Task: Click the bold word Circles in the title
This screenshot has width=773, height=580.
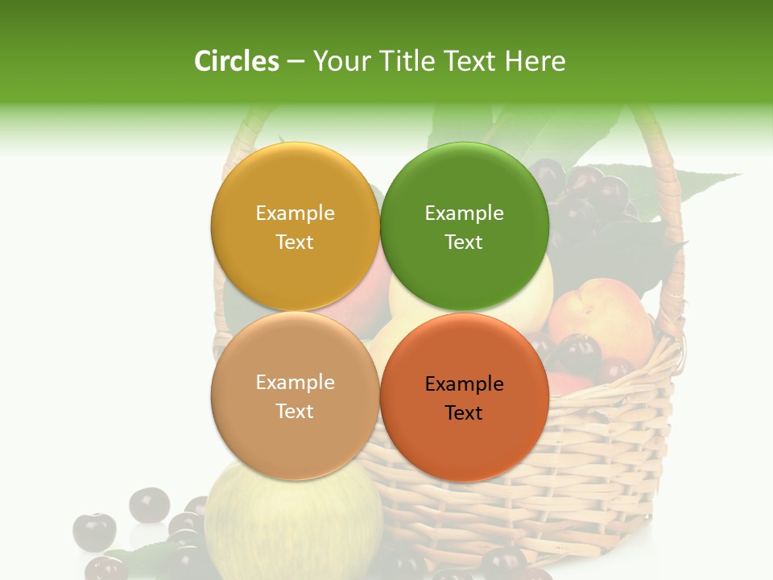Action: [236, 61]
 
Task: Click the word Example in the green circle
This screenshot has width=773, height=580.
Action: [464, 213]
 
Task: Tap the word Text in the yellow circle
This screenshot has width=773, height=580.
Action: [295, 242]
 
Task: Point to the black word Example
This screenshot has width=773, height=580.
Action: [464, 384]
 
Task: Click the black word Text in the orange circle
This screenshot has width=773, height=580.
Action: [464, 413]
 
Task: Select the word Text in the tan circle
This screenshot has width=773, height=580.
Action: [295, 412]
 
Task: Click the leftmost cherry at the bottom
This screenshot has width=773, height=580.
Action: [94, 532]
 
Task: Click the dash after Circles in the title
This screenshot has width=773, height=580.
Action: [296, 61]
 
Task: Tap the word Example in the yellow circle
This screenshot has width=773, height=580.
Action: [295, 213]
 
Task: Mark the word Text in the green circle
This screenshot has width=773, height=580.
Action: [464, 242]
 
